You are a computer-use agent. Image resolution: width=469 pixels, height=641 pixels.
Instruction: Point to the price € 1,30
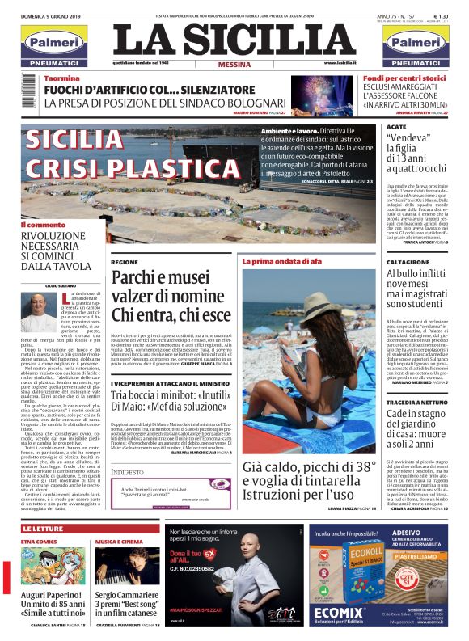pyautogui.click(x=442, y=15)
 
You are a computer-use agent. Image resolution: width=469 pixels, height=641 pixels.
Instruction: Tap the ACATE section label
pyautogui.click(x=396, y=128)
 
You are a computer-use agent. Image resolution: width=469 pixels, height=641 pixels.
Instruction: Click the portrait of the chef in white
pyautogui.click(x=37, y=312)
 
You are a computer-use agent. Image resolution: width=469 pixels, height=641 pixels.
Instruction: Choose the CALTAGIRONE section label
pyautogui.click(x=408, y=263)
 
